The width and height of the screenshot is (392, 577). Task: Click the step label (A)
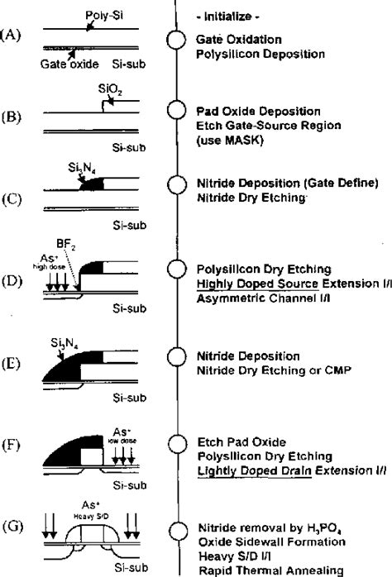point(12,37)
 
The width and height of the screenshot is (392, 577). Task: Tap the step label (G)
point(12,527)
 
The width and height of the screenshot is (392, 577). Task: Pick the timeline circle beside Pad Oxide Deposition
point(175,111)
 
